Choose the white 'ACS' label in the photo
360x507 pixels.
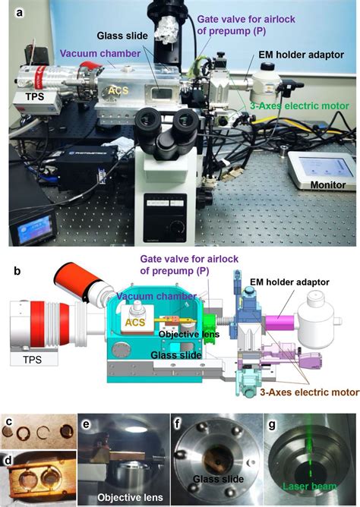[114, 90]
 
